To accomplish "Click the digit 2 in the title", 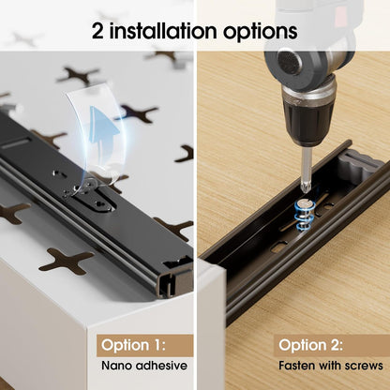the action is pyautogui.click(x=97, y=31).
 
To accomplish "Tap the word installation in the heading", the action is pyautogui.click(x=163, y=31).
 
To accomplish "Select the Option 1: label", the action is pyautogui.click(x=133, y=345).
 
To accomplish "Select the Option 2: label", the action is pyautogui.click(x=310, y=345).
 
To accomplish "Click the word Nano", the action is pyautogui.click(x=117, y=366).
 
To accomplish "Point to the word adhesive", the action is pyautogui.click(x=161, y=366).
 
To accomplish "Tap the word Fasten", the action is pyautogui.click(x=296, y=366).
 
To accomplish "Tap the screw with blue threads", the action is pyautogui.click(x=303, y=216).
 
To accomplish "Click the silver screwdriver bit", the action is pyautogui.click(x=306, y=169).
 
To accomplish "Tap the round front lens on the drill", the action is pyautogui.click(x=289, y=60).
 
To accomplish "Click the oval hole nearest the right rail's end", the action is pyautogui.click(x=280, y=247).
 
